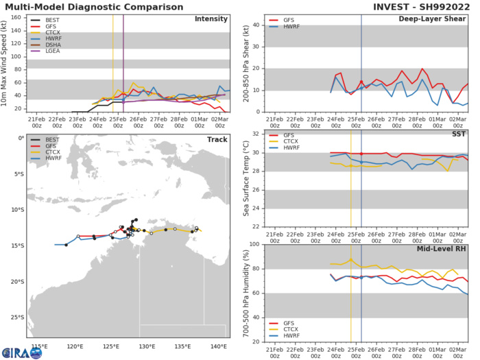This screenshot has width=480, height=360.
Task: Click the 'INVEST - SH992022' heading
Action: click(422, 6)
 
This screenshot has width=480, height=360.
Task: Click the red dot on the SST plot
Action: click(361, 154)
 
